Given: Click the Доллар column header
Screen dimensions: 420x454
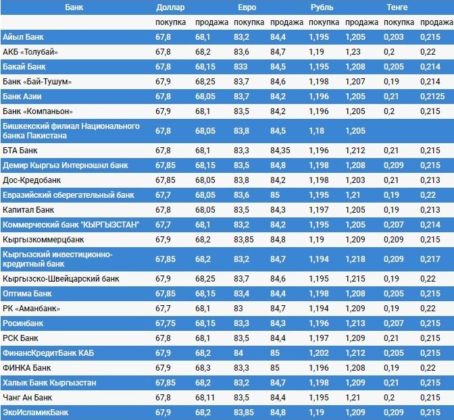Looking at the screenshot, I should pos(170,7).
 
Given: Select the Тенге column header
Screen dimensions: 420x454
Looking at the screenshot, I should pos(397,7).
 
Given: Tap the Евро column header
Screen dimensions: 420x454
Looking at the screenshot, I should pos(247,7).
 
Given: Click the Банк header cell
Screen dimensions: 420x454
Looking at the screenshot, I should pos(75,7).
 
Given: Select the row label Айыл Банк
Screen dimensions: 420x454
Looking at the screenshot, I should pos(23,36).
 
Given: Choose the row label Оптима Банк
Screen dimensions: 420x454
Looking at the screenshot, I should pos(28,294).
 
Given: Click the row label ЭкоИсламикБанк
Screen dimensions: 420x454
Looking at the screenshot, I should pos(34,412).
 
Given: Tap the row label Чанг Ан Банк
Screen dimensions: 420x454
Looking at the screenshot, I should pos(28,397).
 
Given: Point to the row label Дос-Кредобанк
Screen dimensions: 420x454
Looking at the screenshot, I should pos(32,180).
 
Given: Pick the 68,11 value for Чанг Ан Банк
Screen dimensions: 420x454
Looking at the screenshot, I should pos(205,397).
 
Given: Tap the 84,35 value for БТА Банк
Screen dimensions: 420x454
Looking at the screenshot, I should pos(280,151).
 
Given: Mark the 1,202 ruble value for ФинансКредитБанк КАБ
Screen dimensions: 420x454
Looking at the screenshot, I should pos(319,352).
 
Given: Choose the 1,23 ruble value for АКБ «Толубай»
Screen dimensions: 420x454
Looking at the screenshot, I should pos(353,51).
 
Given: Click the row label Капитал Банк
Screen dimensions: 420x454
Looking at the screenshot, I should pos(28,210).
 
